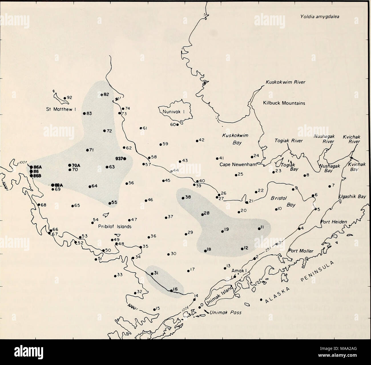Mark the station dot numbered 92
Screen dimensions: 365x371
(x=65, y=98)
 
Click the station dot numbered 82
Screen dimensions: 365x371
(x=102, y=95)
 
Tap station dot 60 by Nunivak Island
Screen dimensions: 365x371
(x=177, y=125)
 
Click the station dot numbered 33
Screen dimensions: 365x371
(x=115, y=276)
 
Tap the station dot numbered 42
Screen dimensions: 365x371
(x=197, y=141)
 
